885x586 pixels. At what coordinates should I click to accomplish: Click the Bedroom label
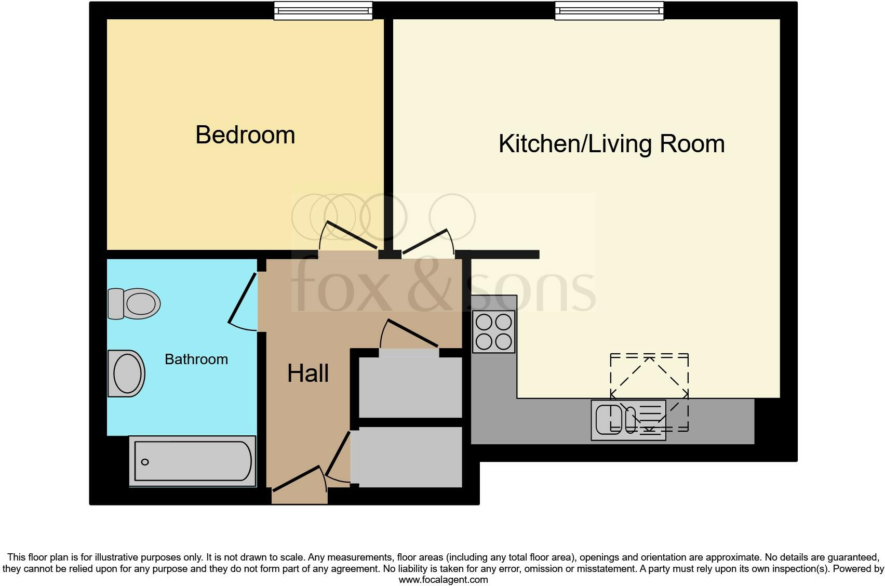pyautogui.click(x=245, y=135)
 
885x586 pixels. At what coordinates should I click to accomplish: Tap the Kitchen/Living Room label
pyautogui.click(x=611, y=144)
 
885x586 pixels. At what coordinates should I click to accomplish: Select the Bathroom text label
pyautogui.click(x=196, y=359)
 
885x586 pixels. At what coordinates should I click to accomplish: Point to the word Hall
pyautogui.click(x=308, y=374)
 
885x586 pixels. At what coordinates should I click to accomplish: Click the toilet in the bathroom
pyautogui.click(x=134, y=303)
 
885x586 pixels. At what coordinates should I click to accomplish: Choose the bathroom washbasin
pyautogui.click(x=127, y=374)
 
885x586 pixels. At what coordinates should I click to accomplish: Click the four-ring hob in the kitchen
pyautogui.click(x=493, y=332)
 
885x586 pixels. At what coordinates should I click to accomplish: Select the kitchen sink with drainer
pyautogui.click(x=628, y=420)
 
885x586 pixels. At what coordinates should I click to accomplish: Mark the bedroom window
pyautogui.click(x=323, y=10)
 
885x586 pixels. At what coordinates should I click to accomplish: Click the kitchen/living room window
pyautogui.click(x=609, y=10)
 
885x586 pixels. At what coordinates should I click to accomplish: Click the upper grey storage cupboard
pyautogui.click(x=410, y=387)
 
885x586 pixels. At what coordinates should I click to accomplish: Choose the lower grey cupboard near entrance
pyautogui.click(x=406, y=457)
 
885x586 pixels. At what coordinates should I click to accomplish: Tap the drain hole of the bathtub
pyautogui.click(x=145, y=462)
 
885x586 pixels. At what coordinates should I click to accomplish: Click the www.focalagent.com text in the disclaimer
pyautogui.click(x=443, y=580)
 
